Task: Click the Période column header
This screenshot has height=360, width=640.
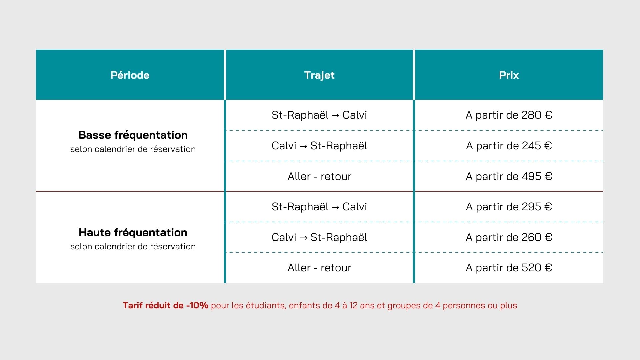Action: [x=130, y=75]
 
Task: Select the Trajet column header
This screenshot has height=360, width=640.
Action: [x=319, y=75]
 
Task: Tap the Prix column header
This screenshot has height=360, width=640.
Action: [x=509, y=75]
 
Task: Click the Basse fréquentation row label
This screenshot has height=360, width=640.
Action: [x=133, y=135]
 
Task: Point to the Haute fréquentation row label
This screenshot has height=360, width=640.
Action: [x=133, y=232]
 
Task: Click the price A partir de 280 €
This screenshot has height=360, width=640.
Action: [x=509, y=115]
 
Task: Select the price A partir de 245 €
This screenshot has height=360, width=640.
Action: [x=509, y=146]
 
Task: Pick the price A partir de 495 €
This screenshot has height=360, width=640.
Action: [x=509, y=176]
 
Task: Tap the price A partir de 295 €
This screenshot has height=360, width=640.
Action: [x=509, y=207]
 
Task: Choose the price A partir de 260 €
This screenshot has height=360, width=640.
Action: [x=509, y=237]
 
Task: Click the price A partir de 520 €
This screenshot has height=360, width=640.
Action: [x=509, y=268]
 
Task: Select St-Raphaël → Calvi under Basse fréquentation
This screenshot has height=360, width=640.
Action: [x=319, y=115]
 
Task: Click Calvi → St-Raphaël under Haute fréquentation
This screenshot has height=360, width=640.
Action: [x=319, y=237]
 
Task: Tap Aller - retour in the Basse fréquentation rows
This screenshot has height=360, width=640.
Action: [x=319, y=176]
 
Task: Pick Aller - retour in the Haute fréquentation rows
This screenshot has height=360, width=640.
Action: [x=319, y=268]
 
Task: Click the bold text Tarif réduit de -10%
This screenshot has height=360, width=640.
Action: [x=165, y=305]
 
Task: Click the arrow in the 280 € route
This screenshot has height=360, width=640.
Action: [x=336, y=115]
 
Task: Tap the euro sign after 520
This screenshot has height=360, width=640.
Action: [x=548, y=268]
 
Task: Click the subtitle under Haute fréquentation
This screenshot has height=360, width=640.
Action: [x=133, y=246]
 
